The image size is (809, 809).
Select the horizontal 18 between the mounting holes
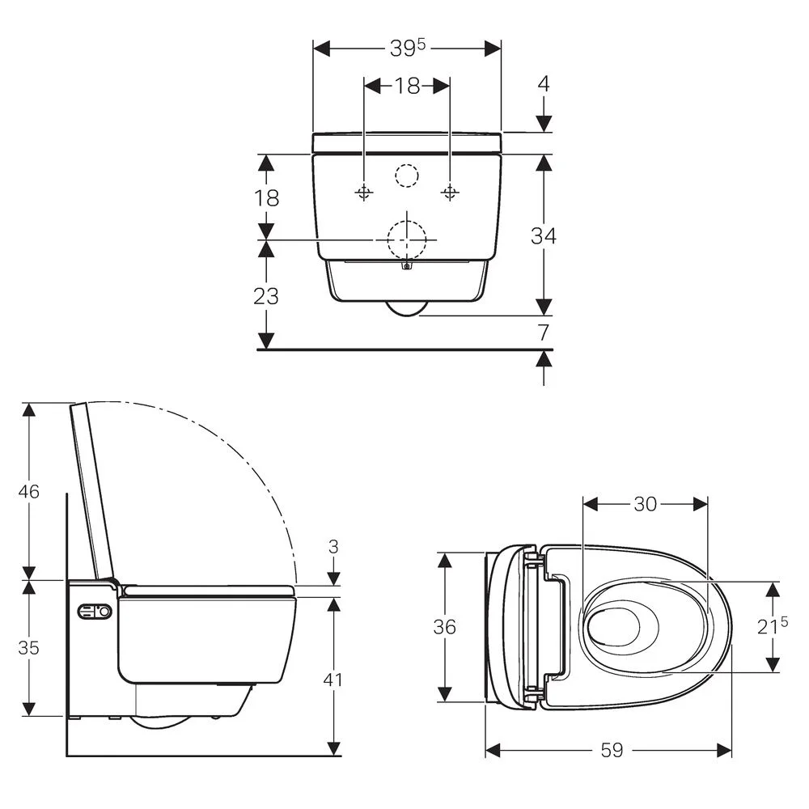tap(407, 86)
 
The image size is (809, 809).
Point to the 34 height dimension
tap(543, 235)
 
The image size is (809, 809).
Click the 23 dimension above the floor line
tap(266, 296)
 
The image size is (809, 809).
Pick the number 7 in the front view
tap(544, 332)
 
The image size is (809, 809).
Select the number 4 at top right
tap(544, 83)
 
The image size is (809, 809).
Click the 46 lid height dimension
tap(29, 491)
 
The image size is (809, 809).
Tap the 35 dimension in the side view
tap(29, 647)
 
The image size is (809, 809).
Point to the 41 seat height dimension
tap(332, 680)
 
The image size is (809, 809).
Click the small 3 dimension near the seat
tap(333, 547)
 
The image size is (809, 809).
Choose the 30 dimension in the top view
tap(645, 504)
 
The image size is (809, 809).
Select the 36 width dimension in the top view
tap(444, 626)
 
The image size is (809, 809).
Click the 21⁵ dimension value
tap(774, 626)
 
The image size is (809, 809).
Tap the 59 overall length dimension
tap(612, 751)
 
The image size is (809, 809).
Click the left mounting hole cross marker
tap(364, 192)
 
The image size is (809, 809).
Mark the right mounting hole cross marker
tap(450, 192)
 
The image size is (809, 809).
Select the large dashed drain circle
tap(407, 239)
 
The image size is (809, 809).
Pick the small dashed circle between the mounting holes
tap(407, 175)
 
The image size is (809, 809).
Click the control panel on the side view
tap(94, 612)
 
